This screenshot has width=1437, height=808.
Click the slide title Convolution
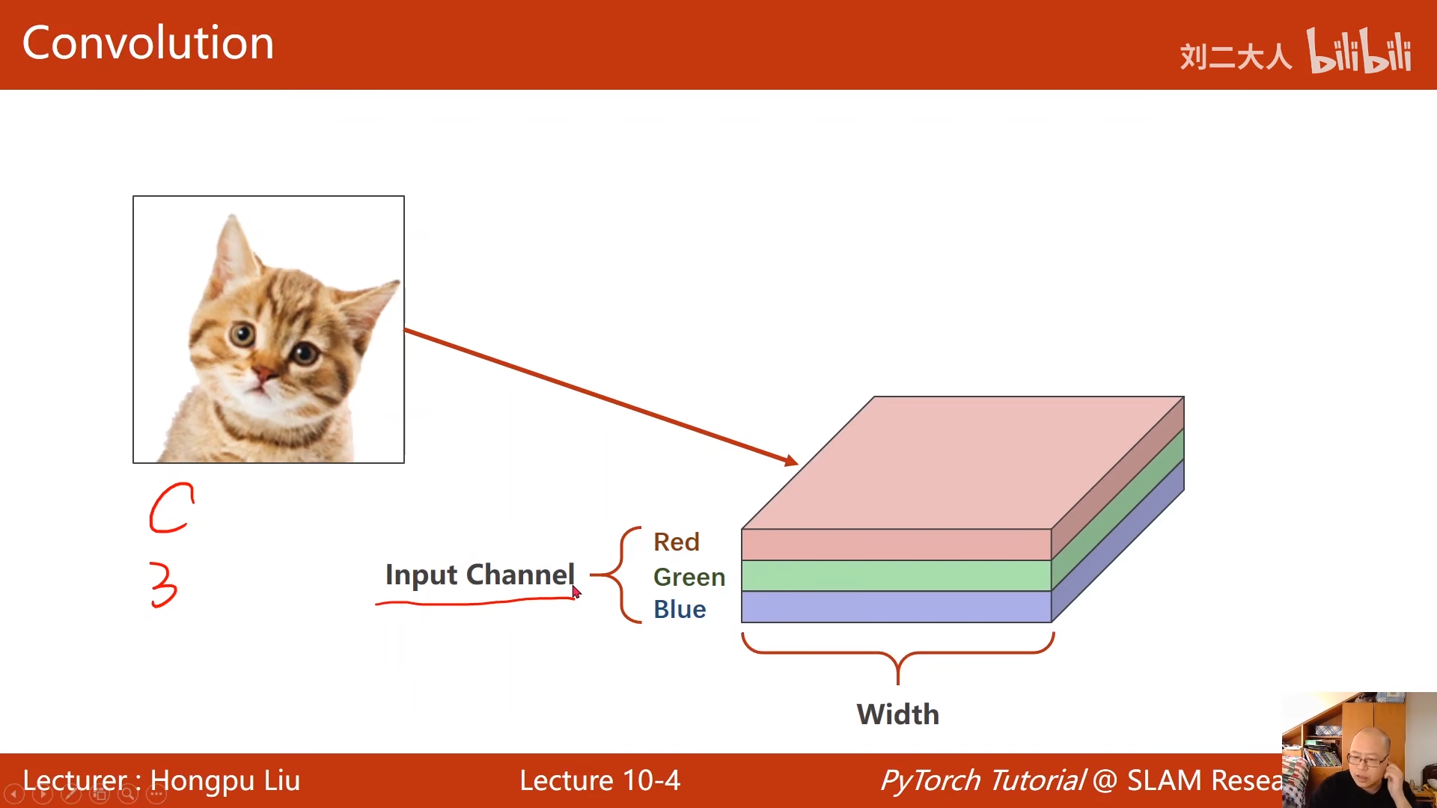pos(147,43)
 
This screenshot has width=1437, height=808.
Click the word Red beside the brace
pos(676,542)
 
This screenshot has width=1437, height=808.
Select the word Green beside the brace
pos(689,577)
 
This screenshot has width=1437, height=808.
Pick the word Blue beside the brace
pos(679,609)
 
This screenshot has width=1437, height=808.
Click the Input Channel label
pos(479,575)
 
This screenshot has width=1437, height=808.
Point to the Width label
pos(897,714)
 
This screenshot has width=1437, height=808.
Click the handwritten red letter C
pos(171,508)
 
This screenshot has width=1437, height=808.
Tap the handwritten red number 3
pos(163,584)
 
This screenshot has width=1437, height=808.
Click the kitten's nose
pos(263,372)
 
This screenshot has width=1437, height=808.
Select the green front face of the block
pos(896,576)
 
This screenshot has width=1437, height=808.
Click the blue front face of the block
pos(896,607)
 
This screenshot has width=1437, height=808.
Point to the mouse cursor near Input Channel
pos(576,592)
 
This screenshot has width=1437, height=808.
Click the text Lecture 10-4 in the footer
pos(599,780)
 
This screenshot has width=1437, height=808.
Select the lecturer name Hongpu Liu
pos(225,780)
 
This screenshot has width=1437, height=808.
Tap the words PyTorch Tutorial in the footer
pos(982,780)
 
